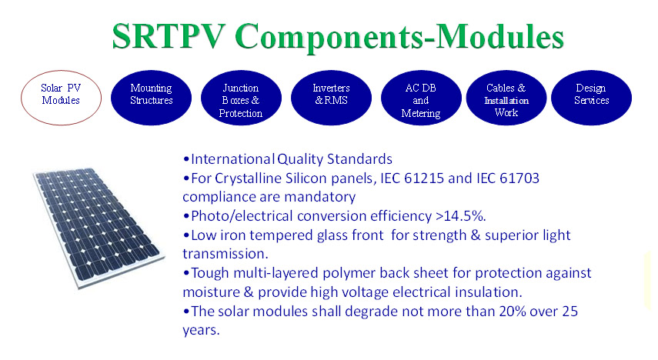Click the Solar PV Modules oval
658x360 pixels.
click(62, 98)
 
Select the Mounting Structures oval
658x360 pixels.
click(151, 98)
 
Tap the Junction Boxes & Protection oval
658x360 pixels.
click(241, 98)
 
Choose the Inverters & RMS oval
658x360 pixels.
click(331, 98)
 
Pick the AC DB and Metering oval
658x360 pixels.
click(421, 98)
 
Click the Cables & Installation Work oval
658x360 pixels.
click(506, 98)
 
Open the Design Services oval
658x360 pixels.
click(591, 98)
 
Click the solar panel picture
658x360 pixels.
click(99, 228)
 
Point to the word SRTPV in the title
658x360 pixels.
click(169, 36)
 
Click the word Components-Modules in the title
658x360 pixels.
click(399, 38)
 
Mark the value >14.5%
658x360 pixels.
click(460, 216)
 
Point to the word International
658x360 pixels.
click(232, 159)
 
